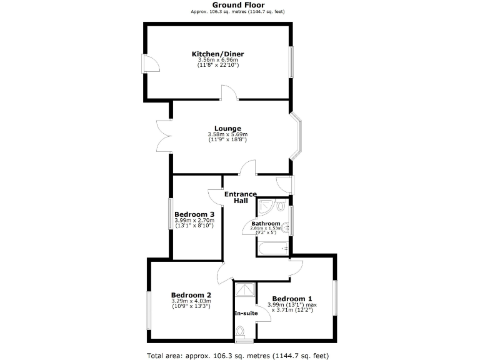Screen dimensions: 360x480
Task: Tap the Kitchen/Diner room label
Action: point(217,54)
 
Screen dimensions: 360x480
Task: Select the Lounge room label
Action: point(227,129)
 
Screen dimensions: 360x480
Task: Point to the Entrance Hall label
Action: point(241,197)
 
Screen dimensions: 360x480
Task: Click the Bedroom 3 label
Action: point(194,214)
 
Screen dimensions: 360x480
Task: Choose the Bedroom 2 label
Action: point(191,295)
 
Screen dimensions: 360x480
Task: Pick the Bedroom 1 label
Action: point(292,298)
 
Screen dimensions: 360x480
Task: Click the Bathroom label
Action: point(266,223)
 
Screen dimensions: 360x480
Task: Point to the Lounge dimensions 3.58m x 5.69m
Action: point(227,134)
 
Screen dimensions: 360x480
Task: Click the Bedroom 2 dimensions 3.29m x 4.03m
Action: point(191,301)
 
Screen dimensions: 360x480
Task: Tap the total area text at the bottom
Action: point(237,356)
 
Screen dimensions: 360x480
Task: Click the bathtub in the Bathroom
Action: point(272,248)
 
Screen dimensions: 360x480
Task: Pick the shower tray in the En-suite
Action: point(244,290)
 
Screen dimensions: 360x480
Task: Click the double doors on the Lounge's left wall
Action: point(164,136)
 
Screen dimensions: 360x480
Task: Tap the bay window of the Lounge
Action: point(297,135)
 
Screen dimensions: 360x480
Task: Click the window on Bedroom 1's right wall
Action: point(336,297)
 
